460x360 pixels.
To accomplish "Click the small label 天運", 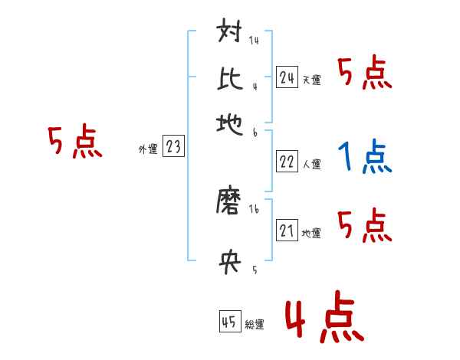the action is point(311,80).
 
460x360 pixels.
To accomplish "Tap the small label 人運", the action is point(311,164).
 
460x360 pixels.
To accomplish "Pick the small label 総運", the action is point(255,324).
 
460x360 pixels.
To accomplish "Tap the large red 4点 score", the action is point(323,318).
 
